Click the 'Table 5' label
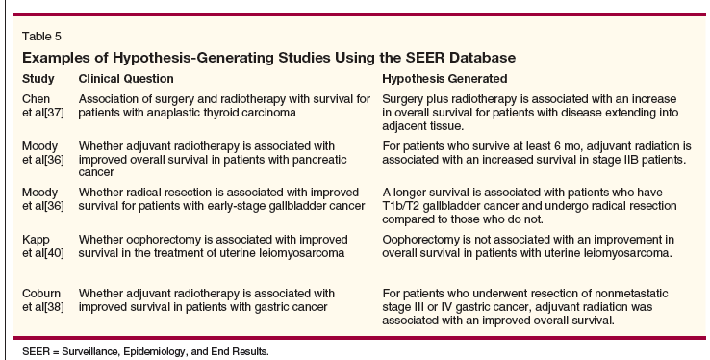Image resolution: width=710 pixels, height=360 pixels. coord(41,37)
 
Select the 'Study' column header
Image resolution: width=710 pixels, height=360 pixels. coord(38,79)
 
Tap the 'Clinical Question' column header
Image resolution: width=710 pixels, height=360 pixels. coord(126,79)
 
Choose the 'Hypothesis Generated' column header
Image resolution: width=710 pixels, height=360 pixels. coord(444,79)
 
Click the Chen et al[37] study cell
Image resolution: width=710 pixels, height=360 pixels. coord(43,106)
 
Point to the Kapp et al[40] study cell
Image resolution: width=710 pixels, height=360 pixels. coord(43,245)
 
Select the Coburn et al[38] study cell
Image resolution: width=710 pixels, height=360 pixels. coord(43,300)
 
